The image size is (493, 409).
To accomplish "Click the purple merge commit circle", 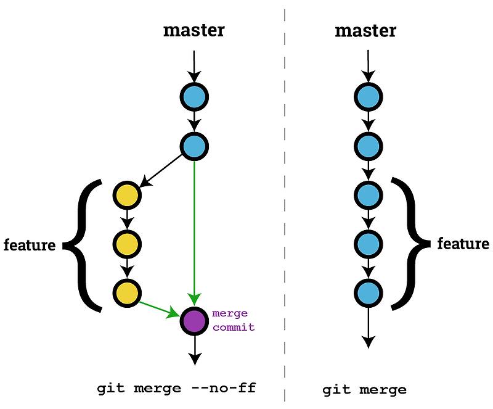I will coord(195,321).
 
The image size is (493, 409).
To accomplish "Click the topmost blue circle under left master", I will coord(194,97).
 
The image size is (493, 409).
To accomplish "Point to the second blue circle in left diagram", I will coord(194,146).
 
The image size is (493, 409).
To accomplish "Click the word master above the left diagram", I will coord(194,30).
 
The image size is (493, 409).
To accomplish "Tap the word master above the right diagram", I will coord(365,30).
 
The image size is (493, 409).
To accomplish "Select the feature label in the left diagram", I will coord(30,245).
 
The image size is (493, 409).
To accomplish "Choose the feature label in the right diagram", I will coord(463,243).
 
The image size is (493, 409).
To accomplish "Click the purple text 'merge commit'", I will coord(233,320).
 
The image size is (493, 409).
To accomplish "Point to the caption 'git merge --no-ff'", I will coord(176,389).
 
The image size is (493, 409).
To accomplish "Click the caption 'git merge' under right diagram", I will coord(364,390).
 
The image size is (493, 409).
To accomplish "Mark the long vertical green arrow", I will coord(195,228).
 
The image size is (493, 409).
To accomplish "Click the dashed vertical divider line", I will coord(285,204).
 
